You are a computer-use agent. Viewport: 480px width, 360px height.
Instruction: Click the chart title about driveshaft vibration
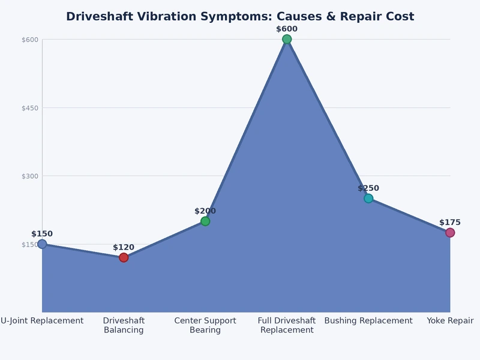[x=240, y=17]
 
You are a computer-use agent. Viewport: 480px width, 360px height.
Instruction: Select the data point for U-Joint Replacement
[x=42, y=244]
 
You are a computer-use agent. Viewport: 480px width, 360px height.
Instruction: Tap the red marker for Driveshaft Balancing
[x=124, y=257]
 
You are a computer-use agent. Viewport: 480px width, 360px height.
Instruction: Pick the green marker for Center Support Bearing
[x=205, y=221]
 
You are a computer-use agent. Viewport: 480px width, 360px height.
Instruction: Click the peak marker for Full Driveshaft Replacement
[x=287, y=40]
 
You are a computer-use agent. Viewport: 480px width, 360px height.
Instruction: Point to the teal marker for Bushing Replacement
[x=368, y=199]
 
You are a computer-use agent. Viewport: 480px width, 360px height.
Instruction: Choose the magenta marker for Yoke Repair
[x=450, y=233]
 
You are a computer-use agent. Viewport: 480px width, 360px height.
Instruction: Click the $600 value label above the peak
[x=287, y=29]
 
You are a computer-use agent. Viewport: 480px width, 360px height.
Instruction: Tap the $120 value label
[x=124, y=247]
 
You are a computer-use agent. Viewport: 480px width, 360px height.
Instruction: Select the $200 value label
[x=205, y=211]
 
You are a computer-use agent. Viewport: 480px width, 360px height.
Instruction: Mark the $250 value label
[x=368, y=188]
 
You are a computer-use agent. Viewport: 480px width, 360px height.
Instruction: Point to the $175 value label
[x=450, y=223]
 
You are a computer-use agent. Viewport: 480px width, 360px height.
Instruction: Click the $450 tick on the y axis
[x=30, y=108]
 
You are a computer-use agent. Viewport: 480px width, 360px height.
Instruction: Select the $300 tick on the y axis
[x=30, y=176]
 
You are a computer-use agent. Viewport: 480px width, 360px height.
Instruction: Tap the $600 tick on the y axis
[x=30, y=40]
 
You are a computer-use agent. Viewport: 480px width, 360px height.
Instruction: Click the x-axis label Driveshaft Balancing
[x=124, y=325]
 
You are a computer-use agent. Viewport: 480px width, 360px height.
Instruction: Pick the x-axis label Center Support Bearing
[x=205, y=325]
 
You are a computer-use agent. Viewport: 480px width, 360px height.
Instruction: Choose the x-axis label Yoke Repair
[x=450, y=321]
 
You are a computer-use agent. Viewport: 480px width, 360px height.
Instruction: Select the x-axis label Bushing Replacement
[x=368, y=321]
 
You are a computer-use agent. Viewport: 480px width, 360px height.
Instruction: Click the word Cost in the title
[x=400, y=17]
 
